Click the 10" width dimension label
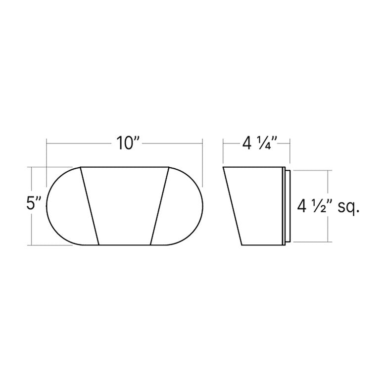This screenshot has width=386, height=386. tap(128, 143)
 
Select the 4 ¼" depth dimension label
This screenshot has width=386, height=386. tap(260, 144)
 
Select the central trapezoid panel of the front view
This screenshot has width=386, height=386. tap(125, 206)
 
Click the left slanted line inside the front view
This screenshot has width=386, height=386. tap(90, 206)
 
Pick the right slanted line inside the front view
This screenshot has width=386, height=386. tap(159, 206)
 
